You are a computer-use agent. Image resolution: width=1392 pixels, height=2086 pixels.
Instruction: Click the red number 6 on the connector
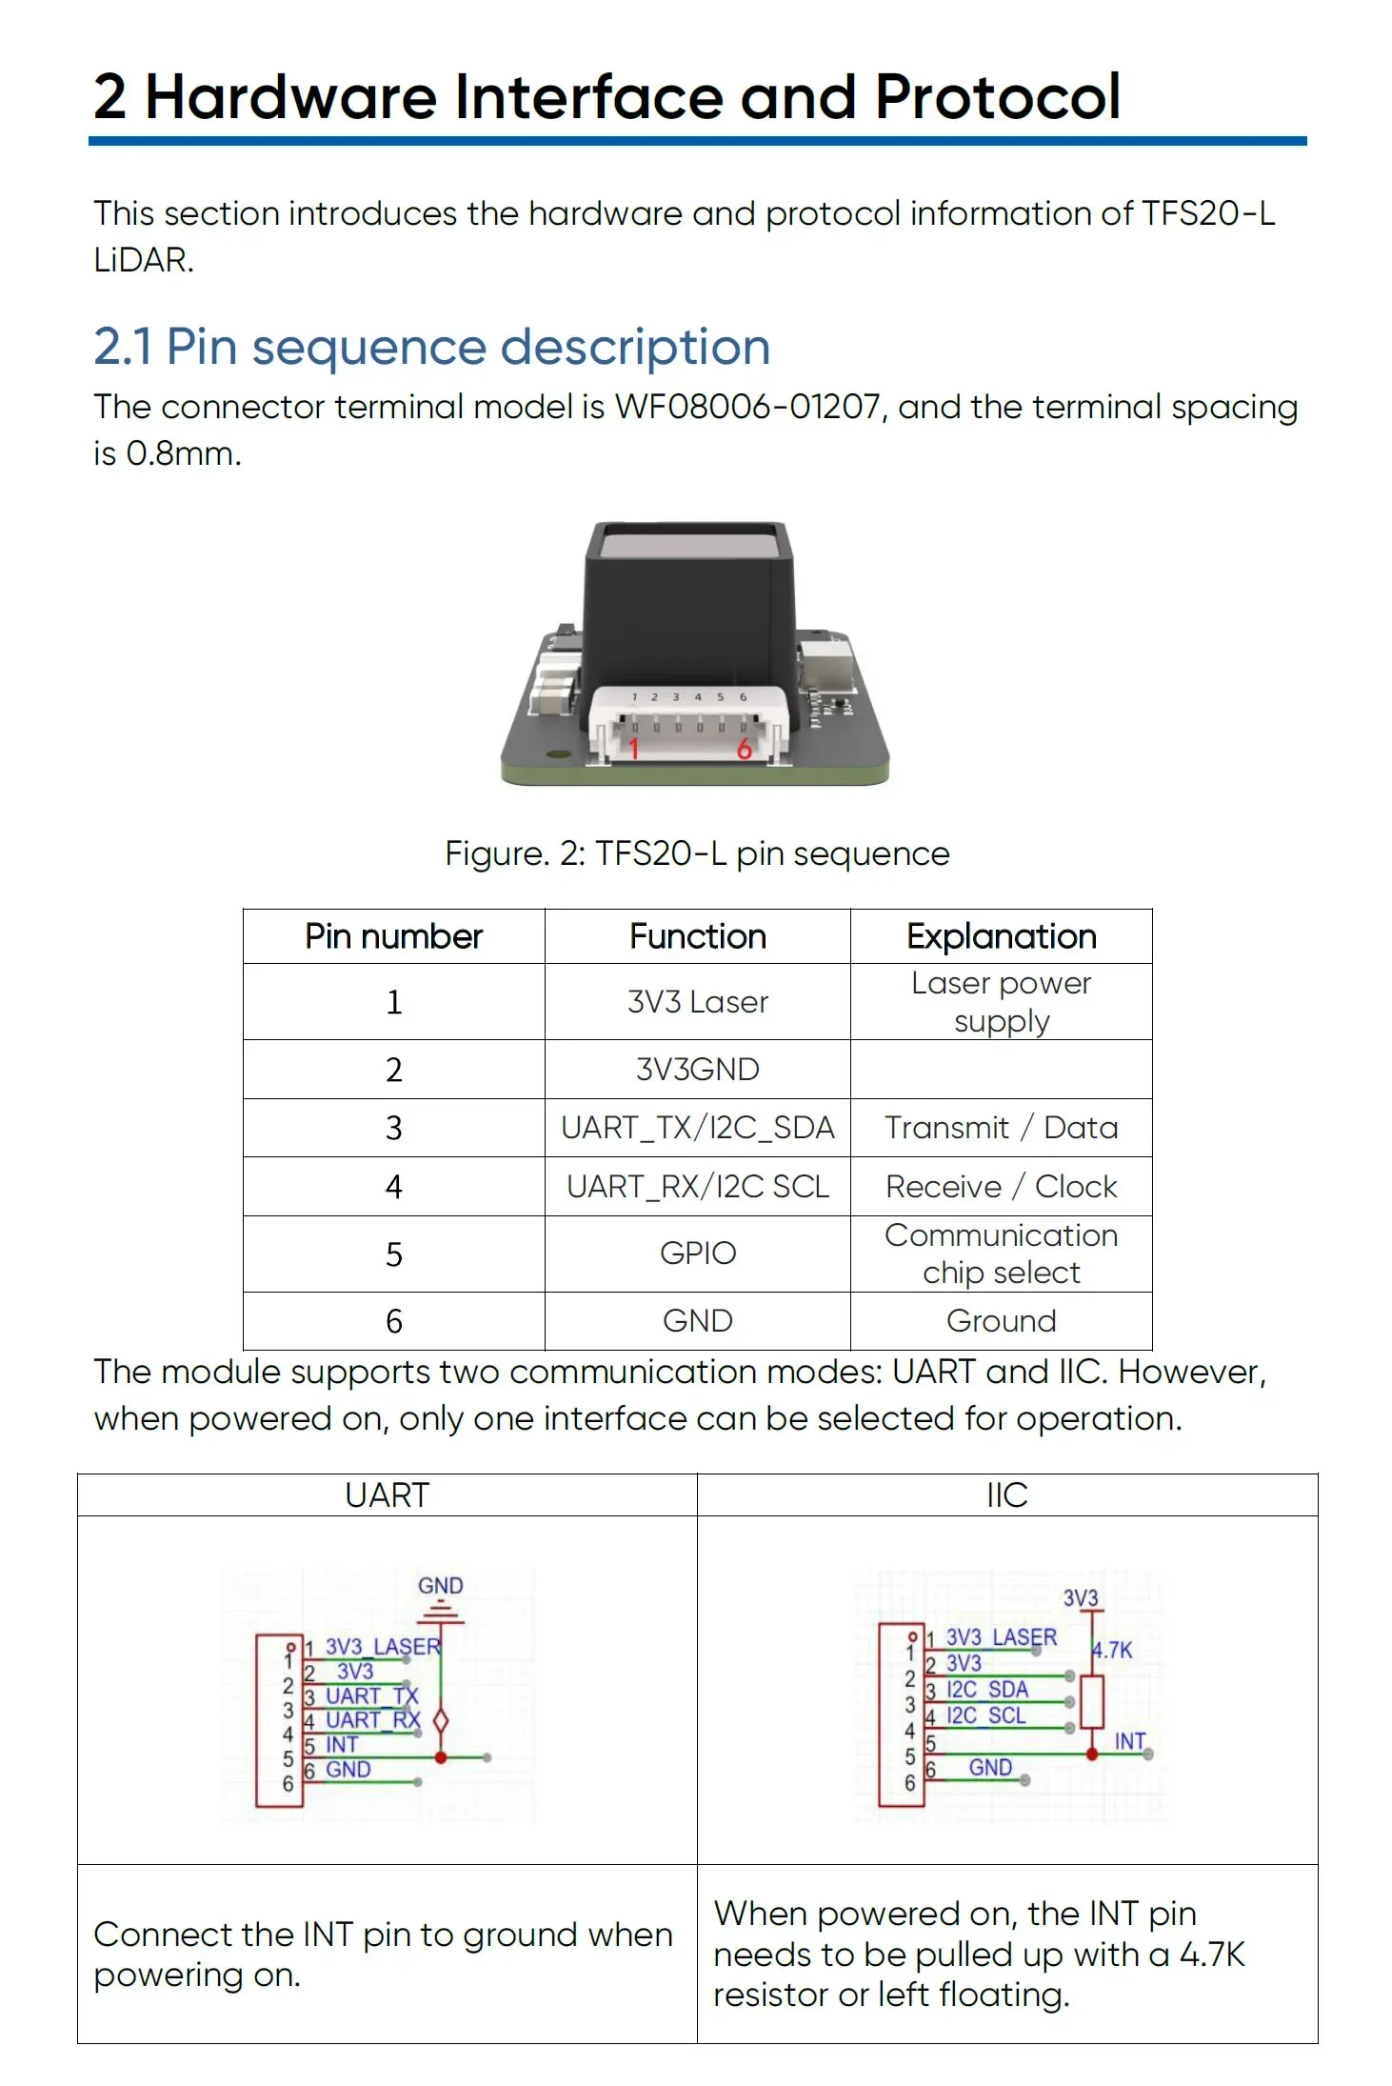click(x=745, y=749)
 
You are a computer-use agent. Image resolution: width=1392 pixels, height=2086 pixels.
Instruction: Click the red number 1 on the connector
click(x=633, y=749)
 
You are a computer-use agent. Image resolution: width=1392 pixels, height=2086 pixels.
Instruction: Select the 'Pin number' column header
click(x=393, y=936)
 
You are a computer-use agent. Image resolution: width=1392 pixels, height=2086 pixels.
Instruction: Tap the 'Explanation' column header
click(x=1001, y=936)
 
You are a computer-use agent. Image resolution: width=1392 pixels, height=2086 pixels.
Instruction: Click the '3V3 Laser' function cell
click(x=697, y=1002)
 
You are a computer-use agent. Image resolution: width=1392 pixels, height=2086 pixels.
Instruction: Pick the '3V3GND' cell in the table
click(x=697, y=1070)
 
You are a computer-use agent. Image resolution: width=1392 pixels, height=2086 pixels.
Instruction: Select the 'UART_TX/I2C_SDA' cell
click(x=697, y=1128)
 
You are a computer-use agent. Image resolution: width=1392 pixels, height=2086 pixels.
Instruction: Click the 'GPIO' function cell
click(x=697, y=1254)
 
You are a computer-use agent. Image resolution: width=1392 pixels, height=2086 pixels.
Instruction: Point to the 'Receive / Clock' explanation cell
click(x=1001, y=1187)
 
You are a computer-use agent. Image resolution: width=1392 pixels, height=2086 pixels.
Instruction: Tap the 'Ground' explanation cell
click(x=1001, y=1321)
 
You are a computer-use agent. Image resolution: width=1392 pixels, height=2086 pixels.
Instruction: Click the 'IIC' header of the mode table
click(x=1007, y=1495)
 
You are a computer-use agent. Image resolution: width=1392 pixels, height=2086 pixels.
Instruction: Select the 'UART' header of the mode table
click(x=387, y=1495)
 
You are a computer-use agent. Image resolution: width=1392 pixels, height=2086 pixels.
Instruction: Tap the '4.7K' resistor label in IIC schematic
click(x=1113, y=1650)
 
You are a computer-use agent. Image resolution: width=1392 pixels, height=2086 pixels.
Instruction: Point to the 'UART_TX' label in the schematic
click(x=371, y=1695)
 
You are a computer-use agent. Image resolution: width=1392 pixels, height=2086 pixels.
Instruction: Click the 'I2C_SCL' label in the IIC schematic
click(x=986, y=1715)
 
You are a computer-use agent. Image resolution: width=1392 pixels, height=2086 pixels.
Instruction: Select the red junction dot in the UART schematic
click(x=441, y=1757)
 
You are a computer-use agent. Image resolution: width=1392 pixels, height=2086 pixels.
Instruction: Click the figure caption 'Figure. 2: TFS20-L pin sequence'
click(x=697, y=853)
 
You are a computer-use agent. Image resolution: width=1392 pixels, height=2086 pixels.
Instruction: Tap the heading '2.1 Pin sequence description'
click(x=431, y=347)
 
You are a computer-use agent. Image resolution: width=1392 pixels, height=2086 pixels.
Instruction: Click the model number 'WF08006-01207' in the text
click(x=747, y=407)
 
